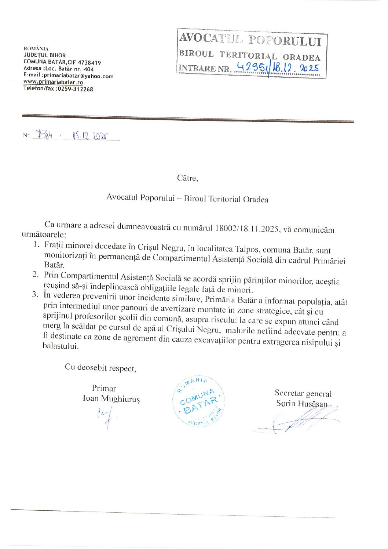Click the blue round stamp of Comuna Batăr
point(198,401)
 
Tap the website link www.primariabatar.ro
point(53,82)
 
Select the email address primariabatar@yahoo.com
point(78,76)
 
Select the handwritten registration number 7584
point(43,135)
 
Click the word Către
point(187,178)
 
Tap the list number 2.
point(36,274)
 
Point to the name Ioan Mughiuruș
point(111,399)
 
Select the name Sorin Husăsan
point(301,404)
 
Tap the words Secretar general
point(303,393)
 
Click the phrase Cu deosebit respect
point(100,367)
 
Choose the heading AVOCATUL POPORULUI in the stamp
point(250,39)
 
